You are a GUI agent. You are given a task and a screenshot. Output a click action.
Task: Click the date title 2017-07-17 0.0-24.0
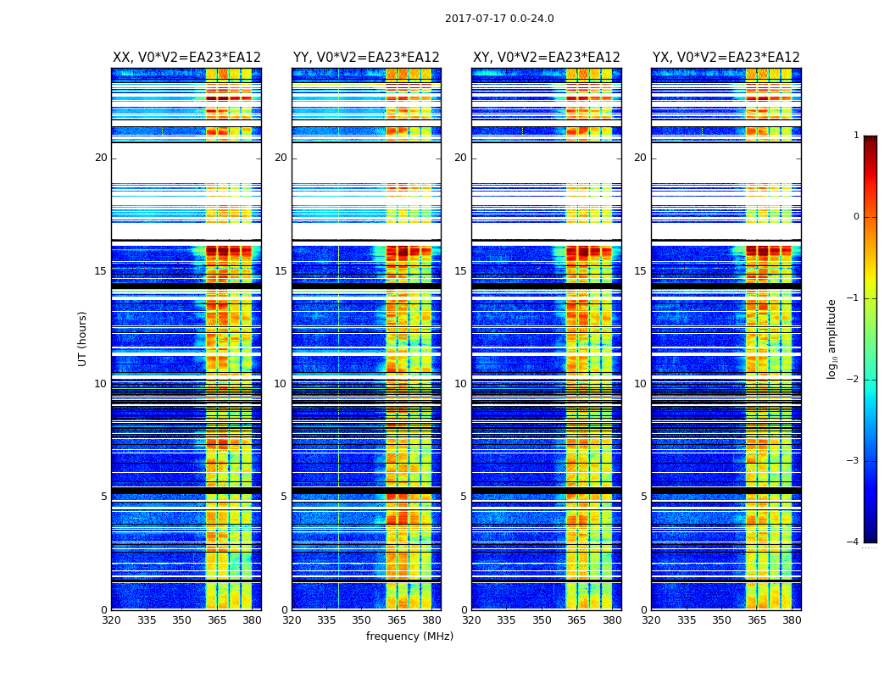pyautogui.click(x=499, y=19)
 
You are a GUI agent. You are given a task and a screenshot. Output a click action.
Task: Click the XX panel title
pyautogui.click(x=186, y=58)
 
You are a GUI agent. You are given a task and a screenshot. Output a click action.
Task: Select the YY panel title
pyautogui.click(x=366, y=58)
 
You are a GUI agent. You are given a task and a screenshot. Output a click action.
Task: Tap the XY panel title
pyautogui.click(x=547, y=58)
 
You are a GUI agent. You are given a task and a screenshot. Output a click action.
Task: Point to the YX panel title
pyautogui.click(x=726, y=58)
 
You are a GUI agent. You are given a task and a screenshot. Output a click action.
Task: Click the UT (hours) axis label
pyautogui.click(x=83, y=338)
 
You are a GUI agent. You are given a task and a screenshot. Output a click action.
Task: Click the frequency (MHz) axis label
pyautogui.click(x=409, y=636)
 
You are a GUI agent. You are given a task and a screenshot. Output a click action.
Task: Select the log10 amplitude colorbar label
pyautogui.click(x=832, y=338)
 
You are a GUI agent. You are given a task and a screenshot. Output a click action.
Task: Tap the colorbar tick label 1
pyautogui.click(x=856, y=136)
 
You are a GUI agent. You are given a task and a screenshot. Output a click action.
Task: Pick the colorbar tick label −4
pyautogui.click(x=854, y=542)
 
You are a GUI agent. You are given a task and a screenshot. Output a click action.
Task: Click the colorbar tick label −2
pyautogui.click(x=854, y=380)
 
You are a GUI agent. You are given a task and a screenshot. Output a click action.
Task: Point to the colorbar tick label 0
pyautogui.click(x=856, y=217)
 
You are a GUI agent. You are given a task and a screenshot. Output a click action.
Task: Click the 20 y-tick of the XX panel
pyautogui.click(x=101, y=158)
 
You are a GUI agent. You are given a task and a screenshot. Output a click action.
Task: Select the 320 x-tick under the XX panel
pyautogui.click(x=112, y=620)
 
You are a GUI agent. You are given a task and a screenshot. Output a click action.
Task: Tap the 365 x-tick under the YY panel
pyautogui.click(x=397, y=620)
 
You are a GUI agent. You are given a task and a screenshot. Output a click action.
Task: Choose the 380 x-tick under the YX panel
pyautogui.click(x=792, y=620)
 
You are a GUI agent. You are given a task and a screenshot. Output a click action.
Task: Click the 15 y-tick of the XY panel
pyautogui.click(x=460, y=271)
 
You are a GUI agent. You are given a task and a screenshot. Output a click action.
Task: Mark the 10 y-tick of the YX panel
pyautogui.click(x=640, y=384)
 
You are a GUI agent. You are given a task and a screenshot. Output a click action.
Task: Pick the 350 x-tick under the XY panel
pyautogui.click(x=542, y=620)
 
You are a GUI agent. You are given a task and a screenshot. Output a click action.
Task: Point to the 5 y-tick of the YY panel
pyautogui.click(x=284, y=497)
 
